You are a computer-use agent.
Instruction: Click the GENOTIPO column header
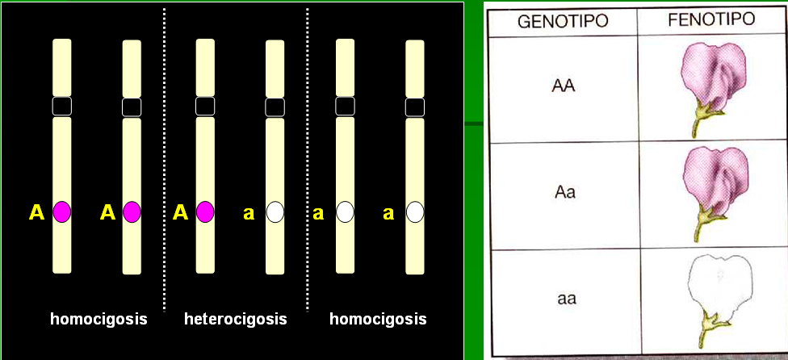pos(563,20)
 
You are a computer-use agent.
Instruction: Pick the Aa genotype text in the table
pos(564,194)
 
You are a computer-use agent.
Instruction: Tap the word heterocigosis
pos(235,319)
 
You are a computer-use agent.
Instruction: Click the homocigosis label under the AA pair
pos(98,319)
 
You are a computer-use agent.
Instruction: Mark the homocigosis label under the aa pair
pos(378,319)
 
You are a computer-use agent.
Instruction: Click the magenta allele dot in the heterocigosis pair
pos(205,212)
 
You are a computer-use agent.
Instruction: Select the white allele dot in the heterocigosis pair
pos(275,212)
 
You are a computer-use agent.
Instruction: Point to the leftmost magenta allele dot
pos(62,212)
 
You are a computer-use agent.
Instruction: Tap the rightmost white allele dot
pos(415,212)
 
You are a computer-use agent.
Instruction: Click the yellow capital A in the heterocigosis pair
pos(181,213)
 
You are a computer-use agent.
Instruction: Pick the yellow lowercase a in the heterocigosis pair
pos(249,214)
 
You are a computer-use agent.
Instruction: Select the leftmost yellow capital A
pos(37,213)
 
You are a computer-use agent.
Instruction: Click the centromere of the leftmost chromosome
pos(62,106)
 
